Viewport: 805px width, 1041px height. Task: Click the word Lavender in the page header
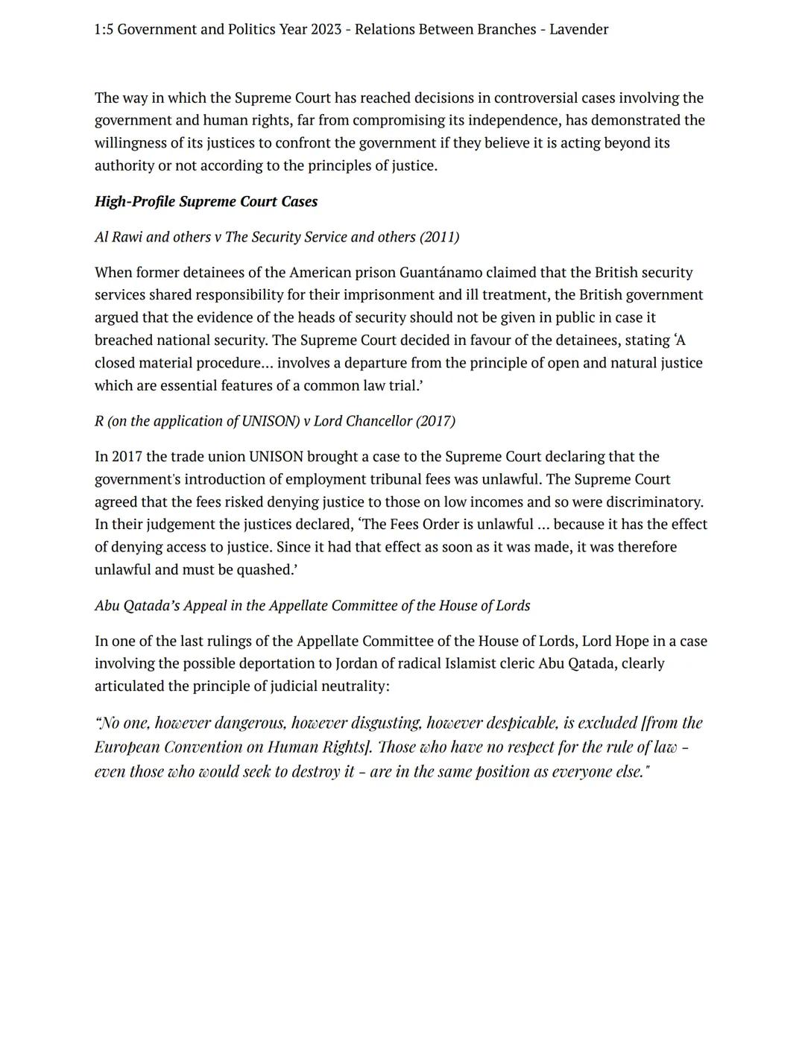coord(578,30)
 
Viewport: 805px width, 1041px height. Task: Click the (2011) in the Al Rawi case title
coord(439,237)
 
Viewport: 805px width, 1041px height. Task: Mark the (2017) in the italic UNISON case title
coord(435,421)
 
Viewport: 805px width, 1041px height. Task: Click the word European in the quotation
coord(126,747)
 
